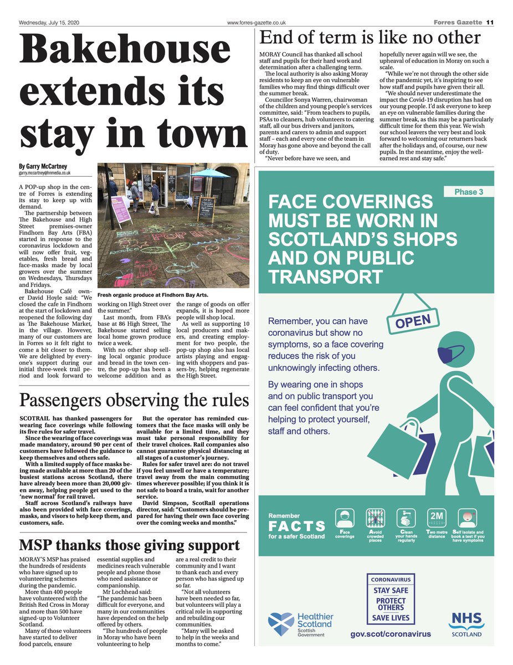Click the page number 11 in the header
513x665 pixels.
pos(490,22)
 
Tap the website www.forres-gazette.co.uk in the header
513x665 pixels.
pos(256,22)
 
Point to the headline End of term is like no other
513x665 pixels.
pos(370,38)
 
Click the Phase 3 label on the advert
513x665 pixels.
pos(469,192)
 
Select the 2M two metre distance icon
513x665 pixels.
pos(436,519)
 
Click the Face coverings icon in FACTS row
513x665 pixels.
pos(345,519)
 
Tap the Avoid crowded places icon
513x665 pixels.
pos(375,519)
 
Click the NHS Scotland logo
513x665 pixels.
pos(466,623)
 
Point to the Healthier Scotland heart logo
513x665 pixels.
pos(281,623)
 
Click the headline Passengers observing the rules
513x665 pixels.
pos(134,400)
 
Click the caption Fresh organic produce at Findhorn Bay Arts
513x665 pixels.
pos(153,295)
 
